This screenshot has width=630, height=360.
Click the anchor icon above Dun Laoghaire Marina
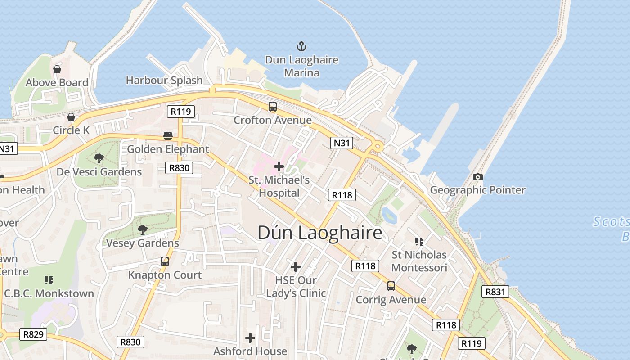click(301, 46)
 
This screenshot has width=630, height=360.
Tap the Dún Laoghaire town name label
click(320, 233)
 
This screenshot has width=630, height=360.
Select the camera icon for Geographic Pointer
click(478, 177)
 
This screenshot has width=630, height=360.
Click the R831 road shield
click(495, 292)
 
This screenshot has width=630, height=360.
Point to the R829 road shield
click(34, 334)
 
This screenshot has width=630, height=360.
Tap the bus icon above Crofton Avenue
click(273, 107)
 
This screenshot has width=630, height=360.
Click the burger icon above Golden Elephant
click(168, 135)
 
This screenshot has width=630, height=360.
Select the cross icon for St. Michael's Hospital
click(279, 166)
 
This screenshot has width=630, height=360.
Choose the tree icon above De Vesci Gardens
click(99, 158)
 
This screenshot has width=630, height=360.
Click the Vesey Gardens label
click(143, 243)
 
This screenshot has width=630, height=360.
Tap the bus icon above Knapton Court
click(165, 261)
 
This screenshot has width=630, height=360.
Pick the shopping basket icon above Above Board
click(57, 69)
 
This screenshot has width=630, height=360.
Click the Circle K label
click(71, 130)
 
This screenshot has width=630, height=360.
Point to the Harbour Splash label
click(164, 81)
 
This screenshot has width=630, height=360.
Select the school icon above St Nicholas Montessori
click(419, 242)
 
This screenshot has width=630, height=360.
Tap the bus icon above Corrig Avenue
click(391, 286)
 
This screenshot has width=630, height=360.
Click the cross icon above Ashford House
click(250, 337)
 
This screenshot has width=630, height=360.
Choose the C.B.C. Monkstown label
click(49, 293)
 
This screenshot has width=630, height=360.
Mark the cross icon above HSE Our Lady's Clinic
click(295, 267)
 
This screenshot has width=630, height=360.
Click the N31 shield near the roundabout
click(342, 143)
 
